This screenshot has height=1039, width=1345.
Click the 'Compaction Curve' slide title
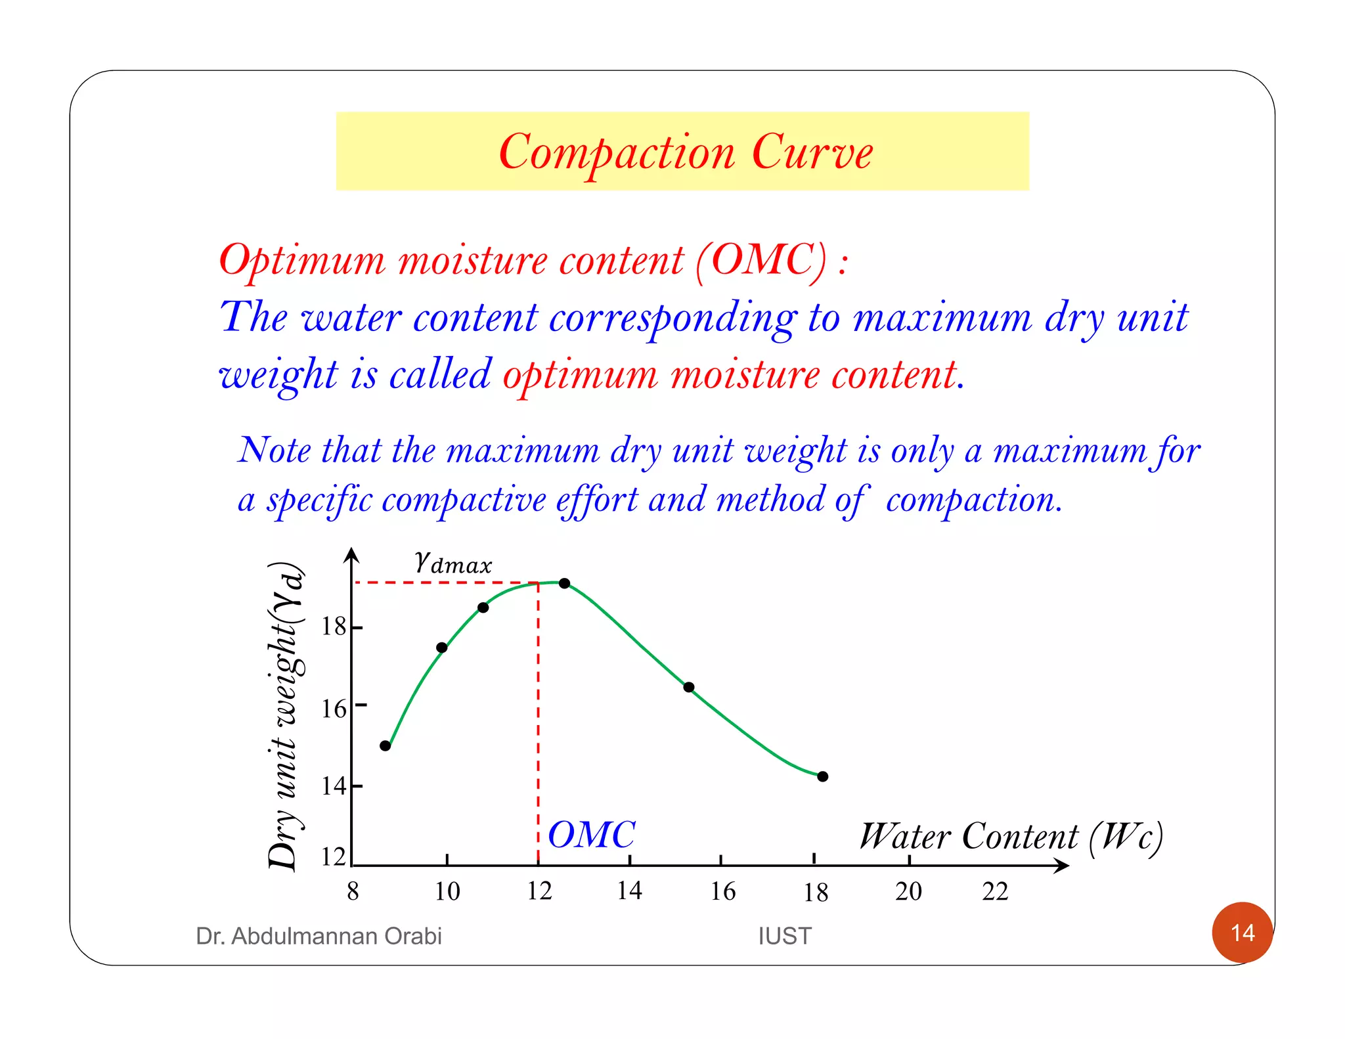coord(685,152)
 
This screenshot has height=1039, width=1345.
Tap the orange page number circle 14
coord(1242,932)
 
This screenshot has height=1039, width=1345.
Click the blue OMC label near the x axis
coord(591,835)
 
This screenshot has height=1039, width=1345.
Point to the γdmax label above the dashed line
coord(452,563)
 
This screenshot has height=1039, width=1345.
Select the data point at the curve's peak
coord(564,583)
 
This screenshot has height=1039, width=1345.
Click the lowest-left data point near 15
coord(386,745)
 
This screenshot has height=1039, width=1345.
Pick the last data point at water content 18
coord(823,776)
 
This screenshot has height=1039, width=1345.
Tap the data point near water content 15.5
coord(688,687)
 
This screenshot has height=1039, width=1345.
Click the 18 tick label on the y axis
coord(334,627)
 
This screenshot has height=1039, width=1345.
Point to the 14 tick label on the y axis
coord(334,785)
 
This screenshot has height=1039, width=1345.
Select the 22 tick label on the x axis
coord(995,891)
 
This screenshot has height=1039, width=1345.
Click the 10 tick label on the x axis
coord(447,891)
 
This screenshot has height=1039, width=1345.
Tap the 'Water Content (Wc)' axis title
coord(1011,837)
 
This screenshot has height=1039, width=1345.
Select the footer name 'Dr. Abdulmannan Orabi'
coord(319,936)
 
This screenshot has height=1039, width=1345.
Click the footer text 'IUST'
coord(784,936)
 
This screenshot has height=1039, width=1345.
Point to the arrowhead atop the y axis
coord(352,555)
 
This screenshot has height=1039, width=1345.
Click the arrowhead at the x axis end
coord(1062,866)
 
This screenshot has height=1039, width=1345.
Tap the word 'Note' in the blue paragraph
coord(275,451)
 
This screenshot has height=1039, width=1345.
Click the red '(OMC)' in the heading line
coord(762,260)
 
